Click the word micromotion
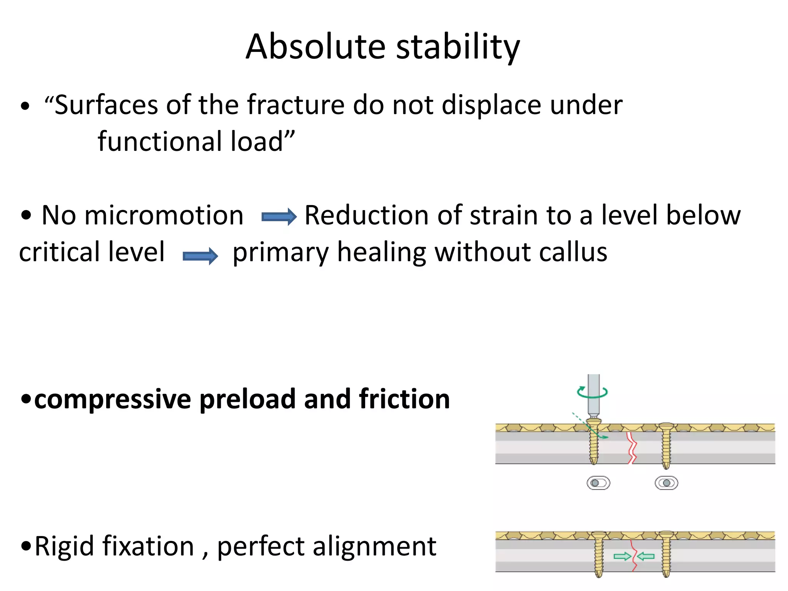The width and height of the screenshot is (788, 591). point(164,215)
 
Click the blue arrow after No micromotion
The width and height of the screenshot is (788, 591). point(279,217)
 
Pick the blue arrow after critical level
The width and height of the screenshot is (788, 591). point(200,256)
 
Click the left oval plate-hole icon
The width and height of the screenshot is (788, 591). point(598,483)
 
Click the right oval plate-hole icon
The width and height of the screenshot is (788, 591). point(666,483)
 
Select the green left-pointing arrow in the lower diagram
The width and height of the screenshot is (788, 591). point(646,556)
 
